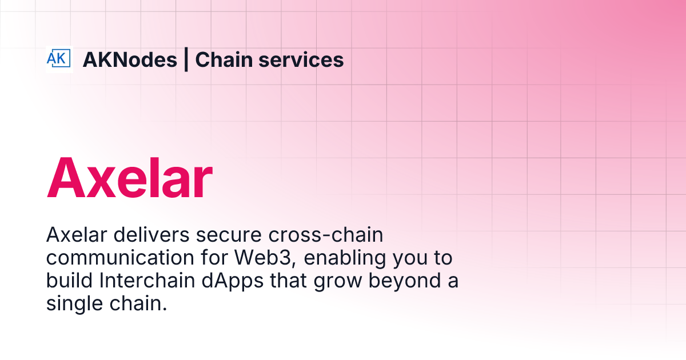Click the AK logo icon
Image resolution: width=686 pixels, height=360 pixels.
[x=59, y=59]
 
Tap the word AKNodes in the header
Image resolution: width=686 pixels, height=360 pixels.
[x=130, y=59]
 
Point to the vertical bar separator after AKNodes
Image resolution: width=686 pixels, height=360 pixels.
[x=186, y=59]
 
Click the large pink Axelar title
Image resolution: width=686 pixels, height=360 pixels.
[x=130, y=178]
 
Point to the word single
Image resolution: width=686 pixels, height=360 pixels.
[x=70, y=305]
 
